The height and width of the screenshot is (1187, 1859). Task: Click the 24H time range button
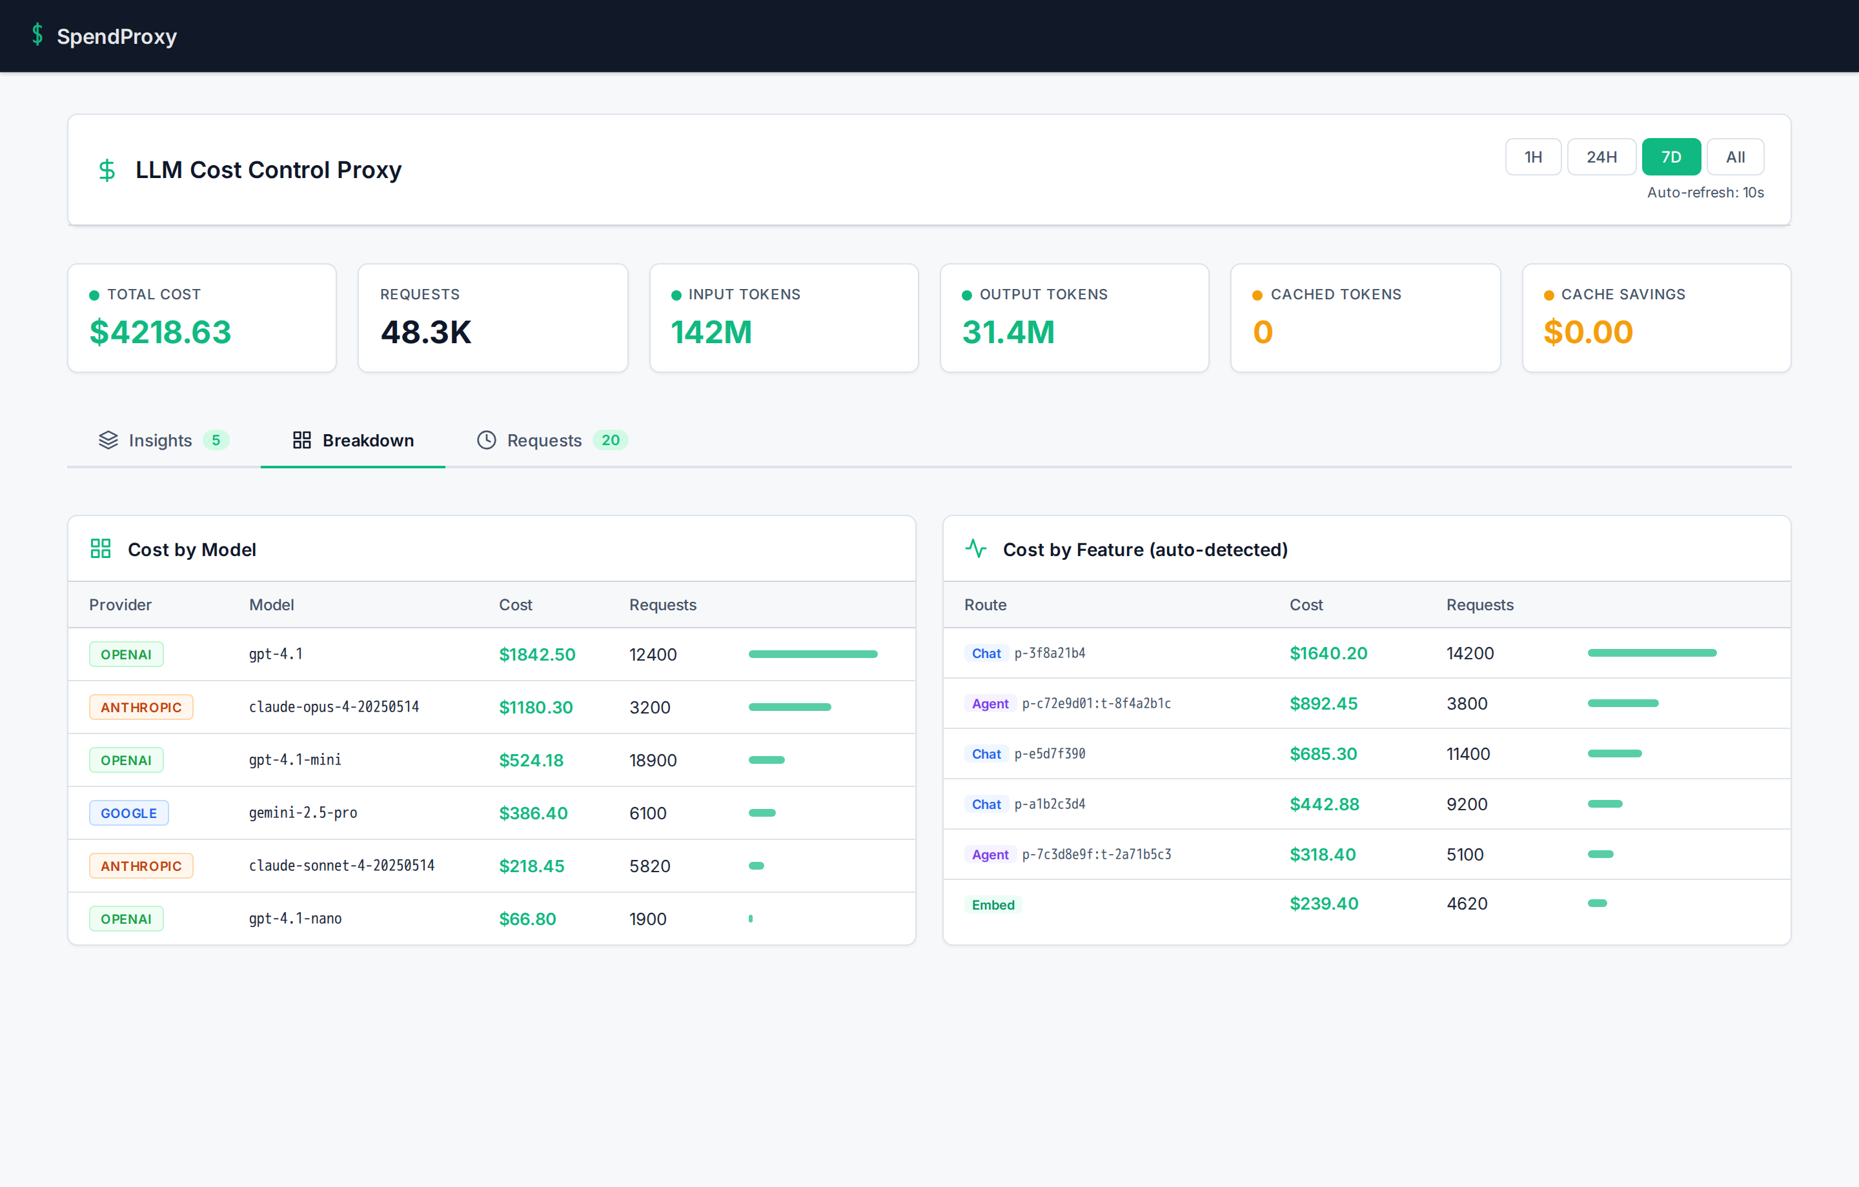[x=1601, y=157]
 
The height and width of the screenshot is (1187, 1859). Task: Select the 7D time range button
[x=1671, y=157]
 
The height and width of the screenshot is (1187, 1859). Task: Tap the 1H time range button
[x=1532, y=157]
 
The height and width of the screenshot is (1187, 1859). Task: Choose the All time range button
[x=1734, y=157]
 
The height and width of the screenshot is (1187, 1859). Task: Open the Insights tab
[x=161, y=440]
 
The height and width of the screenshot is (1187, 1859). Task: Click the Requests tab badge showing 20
[x=610, y=440]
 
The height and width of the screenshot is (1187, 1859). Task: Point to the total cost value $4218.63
[x=161, y=332]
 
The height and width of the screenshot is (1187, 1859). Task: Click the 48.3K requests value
[x=425, y=332]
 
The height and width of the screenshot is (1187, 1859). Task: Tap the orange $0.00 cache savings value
[x=1587, y=332]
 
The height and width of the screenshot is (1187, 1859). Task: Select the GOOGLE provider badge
[x=128, y=813]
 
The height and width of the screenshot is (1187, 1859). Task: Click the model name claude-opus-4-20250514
[x=334, y=707]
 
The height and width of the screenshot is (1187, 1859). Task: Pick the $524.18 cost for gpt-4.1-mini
[x=531, y=760]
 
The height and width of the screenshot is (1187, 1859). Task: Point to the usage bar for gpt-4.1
[x=813, y=655]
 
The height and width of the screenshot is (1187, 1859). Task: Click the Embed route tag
[x=993, y=904]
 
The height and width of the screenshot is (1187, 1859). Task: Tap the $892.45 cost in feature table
[x=1323, y=703]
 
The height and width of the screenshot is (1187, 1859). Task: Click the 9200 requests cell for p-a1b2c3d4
[x=1466, y=804]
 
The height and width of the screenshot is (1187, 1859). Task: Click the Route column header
[x=985, y=605]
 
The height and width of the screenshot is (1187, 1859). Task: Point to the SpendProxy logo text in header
[x=117, y=36]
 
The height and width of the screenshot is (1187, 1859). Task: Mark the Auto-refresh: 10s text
[x=1705, y=192]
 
